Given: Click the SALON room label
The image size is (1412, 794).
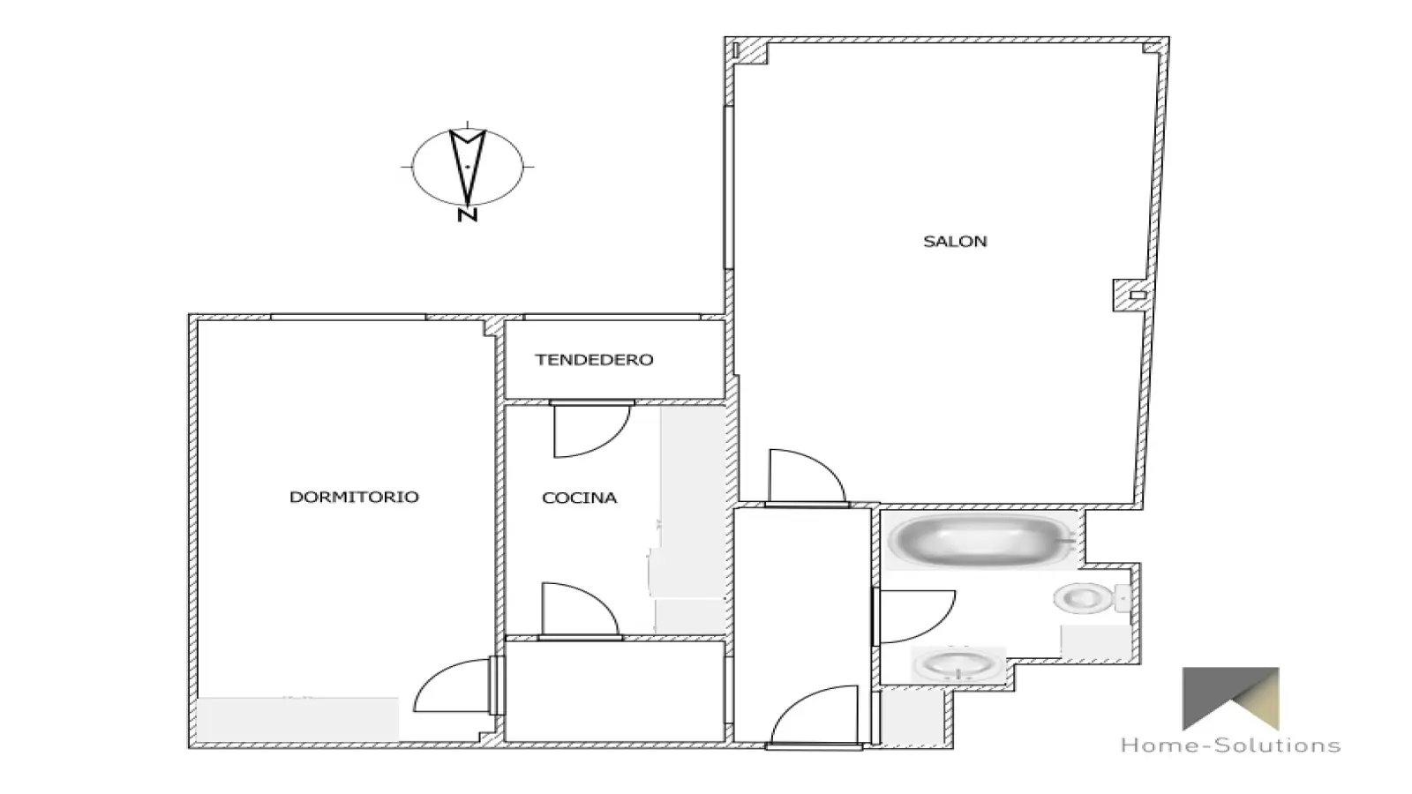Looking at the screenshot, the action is point(955,242).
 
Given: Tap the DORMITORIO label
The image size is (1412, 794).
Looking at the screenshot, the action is point(354,498).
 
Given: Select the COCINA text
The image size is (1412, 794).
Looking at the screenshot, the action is point(579,498).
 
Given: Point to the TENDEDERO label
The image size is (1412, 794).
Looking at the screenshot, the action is point(594,360).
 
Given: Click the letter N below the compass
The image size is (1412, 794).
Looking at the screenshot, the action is point(467,215).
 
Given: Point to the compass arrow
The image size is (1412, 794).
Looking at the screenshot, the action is point(467,167).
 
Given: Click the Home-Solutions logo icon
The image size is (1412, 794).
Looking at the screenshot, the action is point(1230,698).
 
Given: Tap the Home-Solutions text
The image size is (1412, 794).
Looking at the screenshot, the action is point(1230,745).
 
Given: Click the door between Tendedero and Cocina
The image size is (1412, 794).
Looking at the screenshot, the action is point(591,430).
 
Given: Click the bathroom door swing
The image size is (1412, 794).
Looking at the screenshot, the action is point(914,617).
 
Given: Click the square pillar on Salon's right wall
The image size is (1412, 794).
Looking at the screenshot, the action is point(1130,295).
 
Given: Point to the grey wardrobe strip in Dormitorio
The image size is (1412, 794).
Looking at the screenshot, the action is point(297,719).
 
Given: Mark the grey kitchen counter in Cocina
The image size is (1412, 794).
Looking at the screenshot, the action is point(692,519).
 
